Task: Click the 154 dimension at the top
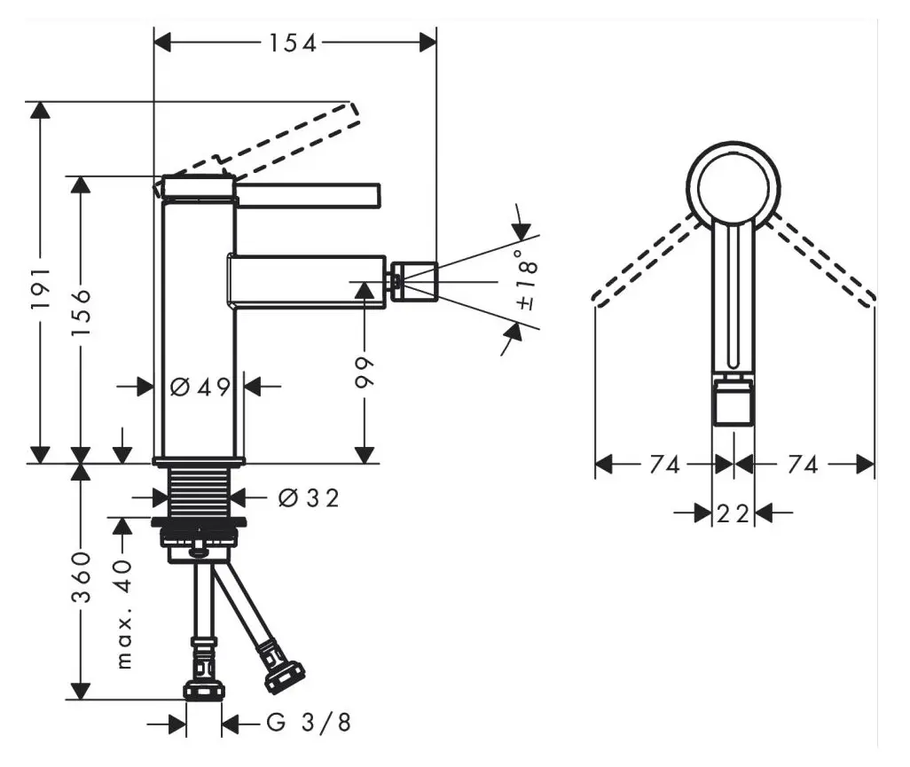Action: click(294, 43)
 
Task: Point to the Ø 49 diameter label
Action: click(200, 387)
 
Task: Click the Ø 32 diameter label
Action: click(308, 498)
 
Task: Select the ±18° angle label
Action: click(525, 284)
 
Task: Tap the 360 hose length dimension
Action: click(82, 576)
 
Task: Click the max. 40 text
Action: click(123, 612)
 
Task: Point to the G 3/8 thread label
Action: click(309, 724)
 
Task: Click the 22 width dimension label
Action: click(733, 513)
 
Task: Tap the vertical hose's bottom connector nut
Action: click(204, 688)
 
